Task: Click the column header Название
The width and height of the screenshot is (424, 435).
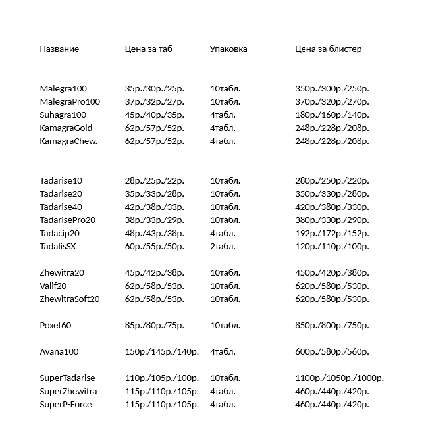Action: click(x=59, y=49)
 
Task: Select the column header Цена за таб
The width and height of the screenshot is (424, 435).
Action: click(x=148, y=49)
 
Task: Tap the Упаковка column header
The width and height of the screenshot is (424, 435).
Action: click(x=228, y=49)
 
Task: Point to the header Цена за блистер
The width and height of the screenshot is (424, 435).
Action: click(x=328, y=49)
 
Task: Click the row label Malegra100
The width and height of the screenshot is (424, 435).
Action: click(x=63, y=89)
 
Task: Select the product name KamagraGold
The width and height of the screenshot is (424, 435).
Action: click(x=66, y=128)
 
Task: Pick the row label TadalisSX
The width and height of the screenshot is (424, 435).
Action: click(x=58, y=247)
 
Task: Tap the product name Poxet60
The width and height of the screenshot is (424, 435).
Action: click(x=55, y=326)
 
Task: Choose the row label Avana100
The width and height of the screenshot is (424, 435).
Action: click(x=59, y=352)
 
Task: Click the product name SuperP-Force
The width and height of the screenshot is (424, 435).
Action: click(x=66, y=405)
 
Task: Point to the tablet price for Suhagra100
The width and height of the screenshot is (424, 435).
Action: click(x=154, y=115)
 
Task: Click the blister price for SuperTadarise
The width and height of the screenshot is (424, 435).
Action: click(x=339, y=378)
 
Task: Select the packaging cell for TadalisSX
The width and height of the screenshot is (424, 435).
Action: click(x=223, y=247)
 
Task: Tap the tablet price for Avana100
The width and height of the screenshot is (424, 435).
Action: click(x=161, y=352)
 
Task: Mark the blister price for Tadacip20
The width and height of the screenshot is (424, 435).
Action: click(x=332, y=234)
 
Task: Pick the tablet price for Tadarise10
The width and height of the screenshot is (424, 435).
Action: click(x=154, y=181)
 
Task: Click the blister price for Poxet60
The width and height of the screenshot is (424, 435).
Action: click(x=332, y=326)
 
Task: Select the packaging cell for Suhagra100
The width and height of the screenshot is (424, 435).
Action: click(x=223, y=115)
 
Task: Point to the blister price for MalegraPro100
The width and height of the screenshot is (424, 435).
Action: click(x=332, y=102)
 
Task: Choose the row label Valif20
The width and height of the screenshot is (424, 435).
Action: click(x=53, y=286)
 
